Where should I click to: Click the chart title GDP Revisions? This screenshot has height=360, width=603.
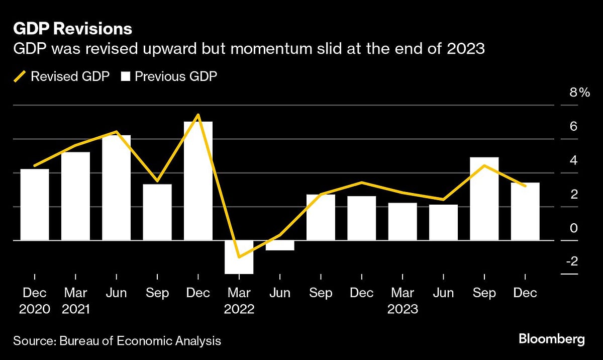pos(72,29)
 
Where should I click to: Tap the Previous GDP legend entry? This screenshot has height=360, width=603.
pos(169,77)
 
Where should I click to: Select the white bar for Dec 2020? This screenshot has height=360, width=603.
pos(35,205)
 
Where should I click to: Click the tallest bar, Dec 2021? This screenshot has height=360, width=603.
pos(198,181)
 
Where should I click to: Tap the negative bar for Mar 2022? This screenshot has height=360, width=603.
pos(239,257)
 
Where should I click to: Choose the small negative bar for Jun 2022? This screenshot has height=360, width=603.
pos(280,245)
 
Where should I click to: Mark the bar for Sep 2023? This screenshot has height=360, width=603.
pos(484,199)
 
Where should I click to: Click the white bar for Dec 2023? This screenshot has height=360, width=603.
pos(525,211)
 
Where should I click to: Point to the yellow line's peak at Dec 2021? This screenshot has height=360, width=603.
pos(198,115)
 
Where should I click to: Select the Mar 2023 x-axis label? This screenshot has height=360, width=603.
pos(403,300)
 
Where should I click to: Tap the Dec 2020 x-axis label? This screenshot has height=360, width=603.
pos(35,300)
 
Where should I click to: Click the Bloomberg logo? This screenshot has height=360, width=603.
pos(552,339)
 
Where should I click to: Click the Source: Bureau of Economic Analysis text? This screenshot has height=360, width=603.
pos(117,341)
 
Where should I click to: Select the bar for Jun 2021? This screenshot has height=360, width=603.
pos(116,188)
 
